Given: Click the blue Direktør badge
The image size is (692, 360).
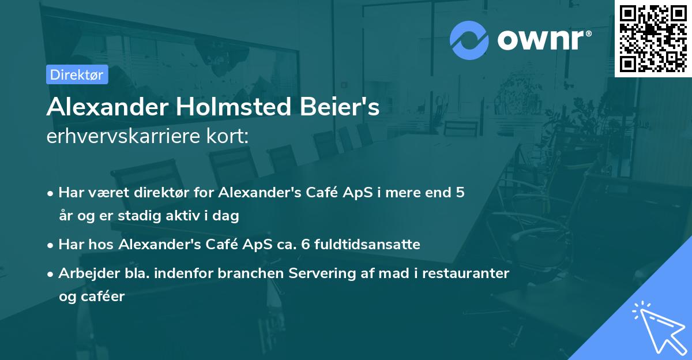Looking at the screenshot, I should [x=77, y=74].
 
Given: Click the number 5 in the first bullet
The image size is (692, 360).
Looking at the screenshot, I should [x=460, y=193].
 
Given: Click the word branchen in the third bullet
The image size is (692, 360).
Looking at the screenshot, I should [x=245, y=273].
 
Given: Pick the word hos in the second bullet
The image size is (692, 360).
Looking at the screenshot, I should [x=103, y=245].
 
